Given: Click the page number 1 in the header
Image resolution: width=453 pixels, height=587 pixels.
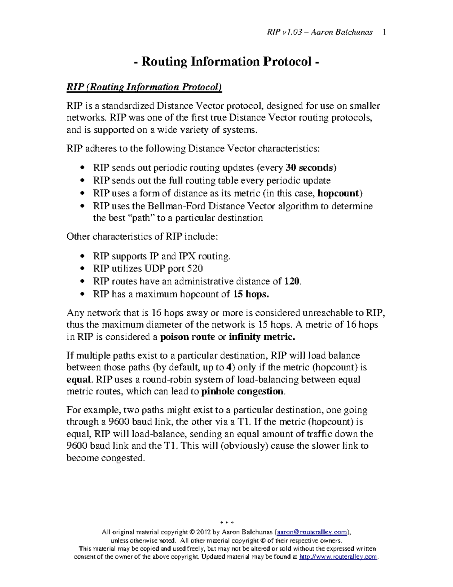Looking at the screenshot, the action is [x=384, y=32].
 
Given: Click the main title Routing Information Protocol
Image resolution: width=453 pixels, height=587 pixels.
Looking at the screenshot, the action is [x=226, y=61].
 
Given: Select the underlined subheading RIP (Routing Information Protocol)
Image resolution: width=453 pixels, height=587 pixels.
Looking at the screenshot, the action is [x=144, y=87].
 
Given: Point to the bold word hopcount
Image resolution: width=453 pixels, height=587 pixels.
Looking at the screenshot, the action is [x=338, y=193].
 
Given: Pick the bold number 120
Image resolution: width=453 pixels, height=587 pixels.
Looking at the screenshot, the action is [x=292, y=281].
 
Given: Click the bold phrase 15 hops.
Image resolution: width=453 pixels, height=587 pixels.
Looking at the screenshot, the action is [x=251, y=294].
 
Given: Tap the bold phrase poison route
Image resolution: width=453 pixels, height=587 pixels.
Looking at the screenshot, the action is [x=188, y=337].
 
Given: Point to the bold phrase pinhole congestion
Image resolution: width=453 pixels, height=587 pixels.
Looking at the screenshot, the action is [x=242, y=391].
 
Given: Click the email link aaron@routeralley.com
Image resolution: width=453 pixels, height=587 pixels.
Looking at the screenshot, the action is [x=312, y=532].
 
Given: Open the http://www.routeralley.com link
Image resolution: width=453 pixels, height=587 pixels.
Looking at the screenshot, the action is [x=338, y=557].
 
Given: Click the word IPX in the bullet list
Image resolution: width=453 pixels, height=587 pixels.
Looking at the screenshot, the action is [x=187, y=256].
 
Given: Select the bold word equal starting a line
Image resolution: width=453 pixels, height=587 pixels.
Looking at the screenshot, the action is [x=79, y=379].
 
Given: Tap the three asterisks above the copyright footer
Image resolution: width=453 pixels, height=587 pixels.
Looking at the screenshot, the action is [x=226, y=523].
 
